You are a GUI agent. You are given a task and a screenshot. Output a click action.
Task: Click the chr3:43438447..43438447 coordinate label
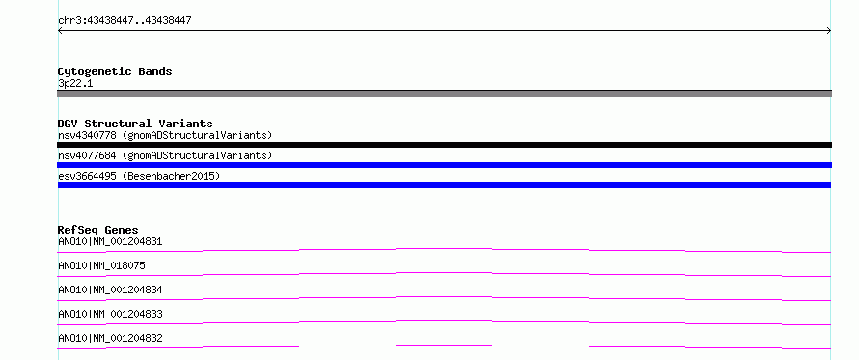(x=125, y=21)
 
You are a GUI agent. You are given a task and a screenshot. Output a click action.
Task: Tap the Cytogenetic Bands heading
(x=115, y=71)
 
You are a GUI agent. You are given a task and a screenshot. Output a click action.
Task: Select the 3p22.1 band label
(x=75, y=83)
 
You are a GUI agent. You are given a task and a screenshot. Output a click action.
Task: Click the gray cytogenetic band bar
(x=444, y=94)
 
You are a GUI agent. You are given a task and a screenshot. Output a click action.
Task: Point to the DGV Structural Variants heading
(x=135, y=124)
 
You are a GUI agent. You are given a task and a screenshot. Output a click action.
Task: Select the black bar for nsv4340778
(x=444, y=145)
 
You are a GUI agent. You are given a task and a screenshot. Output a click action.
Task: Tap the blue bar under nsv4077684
(x=444, y=165)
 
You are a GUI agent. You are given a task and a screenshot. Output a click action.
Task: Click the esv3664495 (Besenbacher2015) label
(x=139, y=176)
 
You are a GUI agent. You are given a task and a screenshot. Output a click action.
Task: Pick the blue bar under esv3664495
(x=444, y=185)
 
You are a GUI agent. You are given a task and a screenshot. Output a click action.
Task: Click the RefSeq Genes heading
(x=98, y=230)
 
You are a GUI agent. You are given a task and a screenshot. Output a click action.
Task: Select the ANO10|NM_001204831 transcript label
(x=110, y=241)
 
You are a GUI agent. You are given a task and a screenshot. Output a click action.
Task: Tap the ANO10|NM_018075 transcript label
(x=101, y=265)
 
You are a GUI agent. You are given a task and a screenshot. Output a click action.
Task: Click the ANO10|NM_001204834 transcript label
(x=110, y=290)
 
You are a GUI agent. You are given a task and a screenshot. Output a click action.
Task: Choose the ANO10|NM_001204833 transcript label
(x=110, y=314)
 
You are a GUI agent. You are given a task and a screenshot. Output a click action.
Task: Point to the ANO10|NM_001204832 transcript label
(x=110, y=338)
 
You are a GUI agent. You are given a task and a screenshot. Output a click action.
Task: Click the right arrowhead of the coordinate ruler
(x=829, y=31)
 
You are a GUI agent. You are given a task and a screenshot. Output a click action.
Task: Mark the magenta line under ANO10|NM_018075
(x=444, y=273)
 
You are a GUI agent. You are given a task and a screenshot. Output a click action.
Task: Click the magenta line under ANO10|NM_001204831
(x=444, y=249)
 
